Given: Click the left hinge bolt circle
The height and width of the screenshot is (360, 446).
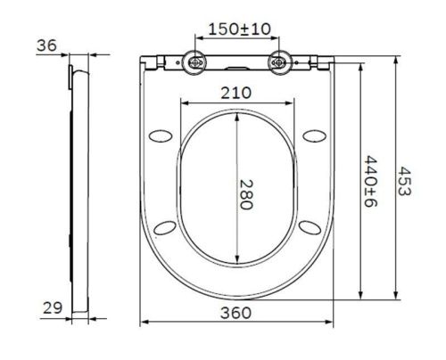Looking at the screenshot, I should click(194, 63).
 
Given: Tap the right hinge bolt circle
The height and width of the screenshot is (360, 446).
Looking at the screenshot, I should click(281, 63).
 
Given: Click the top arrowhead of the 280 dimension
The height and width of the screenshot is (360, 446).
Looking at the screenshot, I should click(236, 117).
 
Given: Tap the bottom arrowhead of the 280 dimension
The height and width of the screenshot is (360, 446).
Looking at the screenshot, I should click(236, 265).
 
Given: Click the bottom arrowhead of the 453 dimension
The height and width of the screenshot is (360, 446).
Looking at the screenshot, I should click(394, 299).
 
